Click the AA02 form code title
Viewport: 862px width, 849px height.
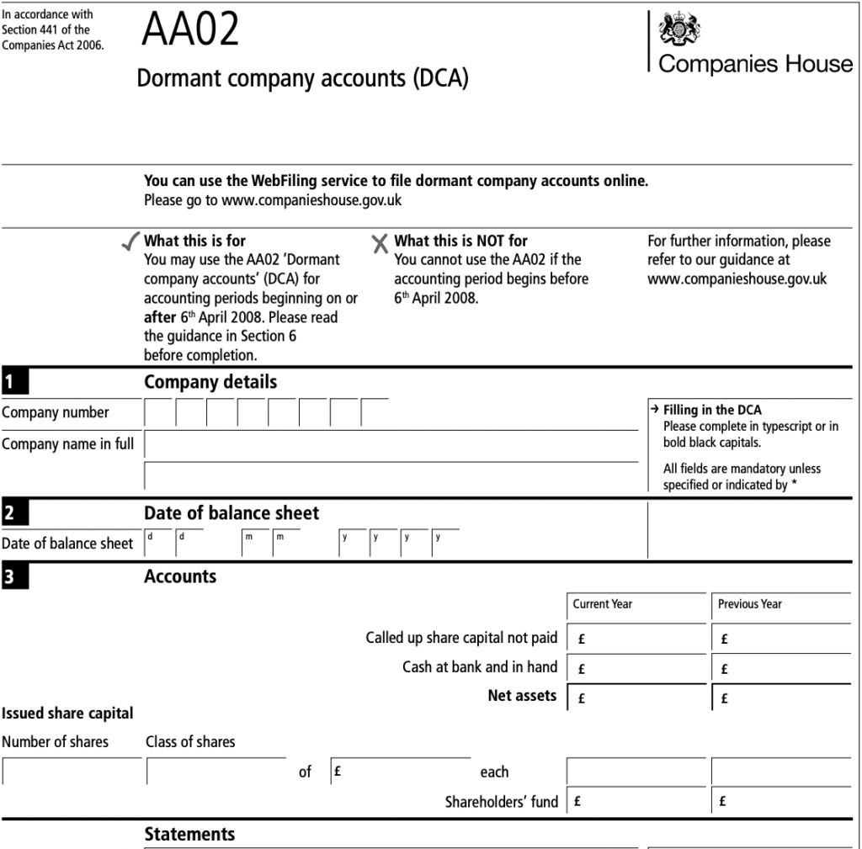click(190, 30)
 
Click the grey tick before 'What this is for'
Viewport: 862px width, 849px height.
click(129, 243)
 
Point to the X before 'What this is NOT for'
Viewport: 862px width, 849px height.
click(380, 243)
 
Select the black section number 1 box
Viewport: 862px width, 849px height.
click(14, 383)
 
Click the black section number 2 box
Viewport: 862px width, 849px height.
click(14, 513)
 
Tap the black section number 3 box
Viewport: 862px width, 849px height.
click(14, 577)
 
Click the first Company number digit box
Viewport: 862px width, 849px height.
click(159, 413)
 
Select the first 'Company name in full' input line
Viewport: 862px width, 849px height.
click(391, 444)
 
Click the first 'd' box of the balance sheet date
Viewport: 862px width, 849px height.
click(159, 544)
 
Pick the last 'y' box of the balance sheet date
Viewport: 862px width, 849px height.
click(446, 544)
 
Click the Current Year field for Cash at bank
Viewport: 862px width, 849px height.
click(637, 669)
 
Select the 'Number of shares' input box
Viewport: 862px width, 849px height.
click(72, 772)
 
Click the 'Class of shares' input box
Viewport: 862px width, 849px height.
click(216, 772)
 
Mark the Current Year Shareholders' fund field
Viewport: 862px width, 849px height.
click(637, 801)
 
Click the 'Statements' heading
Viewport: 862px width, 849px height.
click(189, 834)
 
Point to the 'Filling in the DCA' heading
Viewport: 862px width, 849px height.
click(712, 410)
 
